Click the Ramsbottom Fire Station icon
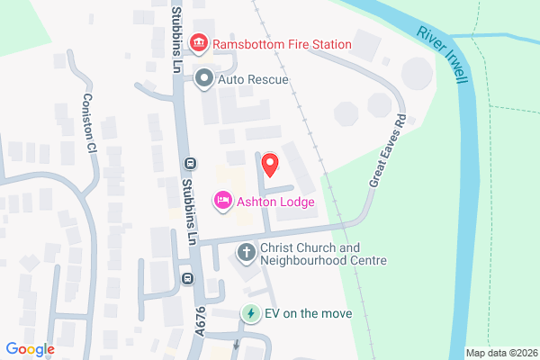pos(199,43)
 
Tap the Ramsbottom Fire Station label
pos(282,43)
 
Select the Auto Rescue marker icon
pos(204,79)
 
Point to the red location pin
pos(269,165)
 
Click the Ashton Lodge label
pos(275,202)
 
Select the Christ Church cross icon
pos(245,254)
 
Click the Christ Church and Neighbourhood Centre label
pos(322,254)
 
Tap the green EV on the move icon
pos(251,314)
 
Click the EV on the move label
pos(308,314)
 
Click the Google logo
pos(30,349)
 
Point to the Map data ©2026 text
pos(501,353)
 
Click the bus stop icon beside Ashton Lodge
pos(189,164)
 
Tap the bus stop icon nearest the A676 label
pos(187,278)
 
